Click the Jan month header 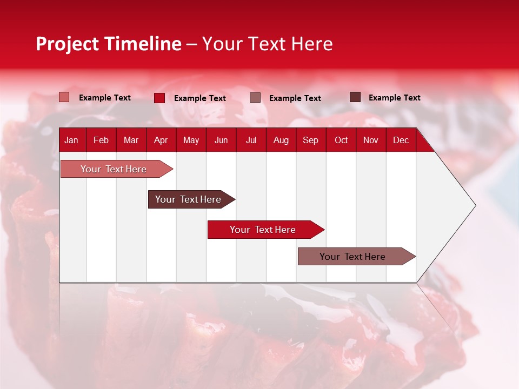pyautogui.click(x=71, y=140)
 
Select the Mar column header pyautogui.click(x=131, y=140)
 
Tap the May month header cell pyautogui.click(x=191, y=140)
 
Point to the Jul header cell pyautogui.click(x=251, y=140)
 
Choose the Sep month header pyautogui.click(x=310, y=140)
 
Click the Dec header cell pyautogui.click(x=401, y=140)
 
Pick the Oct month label pyautogui.click(x=341, y=140)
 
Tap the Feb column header pyautogui.click(x=101, y=140)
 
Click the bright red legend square pyautogui.click(x=159, y=98)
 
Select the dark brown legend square pyautogui.click(x=355, y=97)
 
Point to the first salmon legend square pyautogui.click(x=64, y=97)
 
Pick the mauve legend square pyautogui.click(x=255, y=98)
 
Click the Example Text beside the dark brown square pyautogui.click(x=394, y=98)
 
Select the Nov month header pyautogui.click(x=371, y=140)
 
